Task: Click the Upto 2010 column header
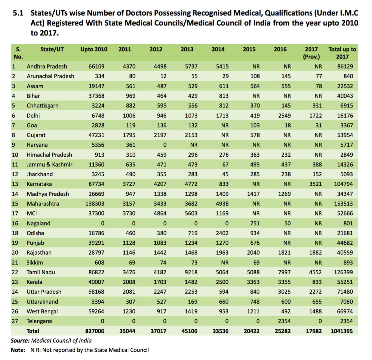pyautogui.click(x=94, y=49)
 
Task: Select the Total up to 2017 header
pyautogui.click(x=342, y=53)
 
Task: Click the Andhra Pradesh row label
pyautogui.click(x=47, y=67)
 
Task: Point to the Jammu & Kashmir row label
pyautogui.click(x=49, y=165)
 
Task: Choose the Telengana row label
pyautogui.click(x=39, y=321)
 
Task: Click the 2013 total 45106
pyautogui.click(x=189, y=331)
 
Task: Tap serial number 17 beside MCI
pyautogui.click(x=15, y=213)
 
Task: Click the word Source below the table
pyautogui.click(x=20, y=341)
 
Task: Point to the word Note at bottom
pyautogui.click(x=18, y=350)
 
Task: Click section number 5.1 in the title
pyautogui.click(x=18, y=13)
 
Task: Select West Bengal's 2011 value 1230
pyautogui.click(x=129, y=311)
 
